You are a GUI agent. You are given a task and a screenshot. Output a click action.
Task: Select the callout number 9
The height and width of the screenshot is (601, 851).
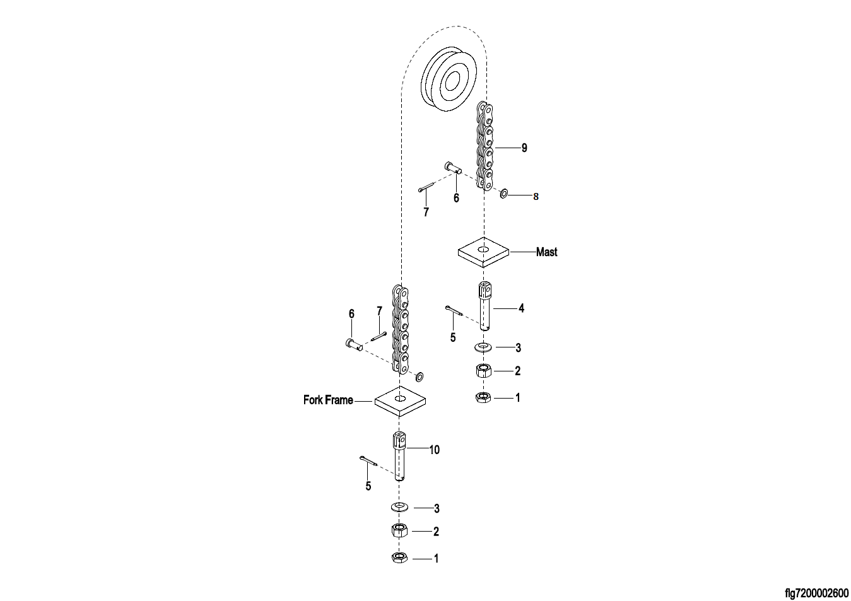pyautogui.click(x=524, y=148)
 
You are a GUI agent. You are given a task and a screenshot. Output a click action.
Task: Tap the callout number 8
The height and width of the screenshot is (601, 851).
pyautogui.click(x=536, y=197)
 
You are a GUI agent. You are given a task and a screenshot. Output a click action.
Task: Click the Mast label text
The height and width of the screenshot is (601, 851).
pyautogui.click(x=546, y=252)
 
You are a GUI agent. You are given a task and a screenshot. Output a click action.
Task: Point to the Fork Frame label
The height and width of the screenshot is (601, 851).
pyautogui.click(x=328, y=400)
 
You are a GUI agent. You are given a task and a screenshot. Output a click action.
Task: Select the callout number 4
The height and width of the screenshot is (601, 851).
pyautogui.click(x=521, y=308)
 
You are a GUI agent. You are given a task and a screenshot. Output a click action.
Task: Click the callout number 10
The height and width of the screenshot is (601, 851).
pyautogui.click(x=434, y=450)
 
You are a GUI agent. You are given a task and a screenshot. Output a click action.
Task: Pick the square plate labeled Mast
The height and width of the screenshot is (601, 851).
pyautogui.click(x=483, y=252)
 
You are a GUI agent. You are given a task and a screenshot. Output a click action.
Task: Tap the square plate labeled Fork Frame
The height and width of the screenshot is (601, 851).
pyautogui.click(x=401, y=401)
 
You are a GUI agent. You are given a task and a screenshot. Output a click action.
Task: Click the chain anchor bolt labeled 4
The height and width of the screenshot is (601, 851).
pyautogui.click(x=484, y=306)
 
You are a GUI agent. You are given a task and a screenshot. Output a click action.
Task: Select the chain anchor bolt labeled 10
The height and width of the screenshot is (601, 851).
pyautogui.click(x=401, y=455)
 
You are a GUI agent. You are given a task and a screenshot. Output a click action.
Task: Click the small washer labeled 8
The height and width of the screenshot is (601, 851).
pyautogui.click(x=505, y=193)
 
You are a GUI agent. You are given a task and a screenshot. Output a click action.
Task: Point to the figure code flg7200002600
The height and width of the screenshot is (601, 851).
pyautogui.click(x=816, y=593)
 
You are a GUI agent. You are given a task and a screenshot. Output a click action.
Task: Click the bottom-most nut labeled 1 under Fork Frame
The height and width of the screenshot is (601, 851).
pyautogui.click(x=399, y=557)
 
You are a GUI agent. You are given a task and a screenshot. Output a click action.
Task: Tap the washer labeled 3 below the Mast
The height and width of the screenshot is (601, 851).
pyautogui.click(x=483, y=347)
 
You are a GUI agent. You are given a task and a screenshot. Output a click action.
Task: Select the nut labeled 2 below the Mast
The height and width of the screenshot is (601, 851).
pyautogui.click(x=483, y=371)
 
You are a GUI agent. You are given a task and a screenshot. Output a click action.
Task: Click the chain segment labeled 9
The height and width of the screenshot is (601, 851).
pyautogui.click(x=484, y=146)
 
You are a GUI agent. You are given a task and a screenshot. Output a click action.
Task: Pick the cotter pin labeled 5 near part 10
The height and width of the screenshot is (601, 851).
pyautogui.click(x=368, y=461)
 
